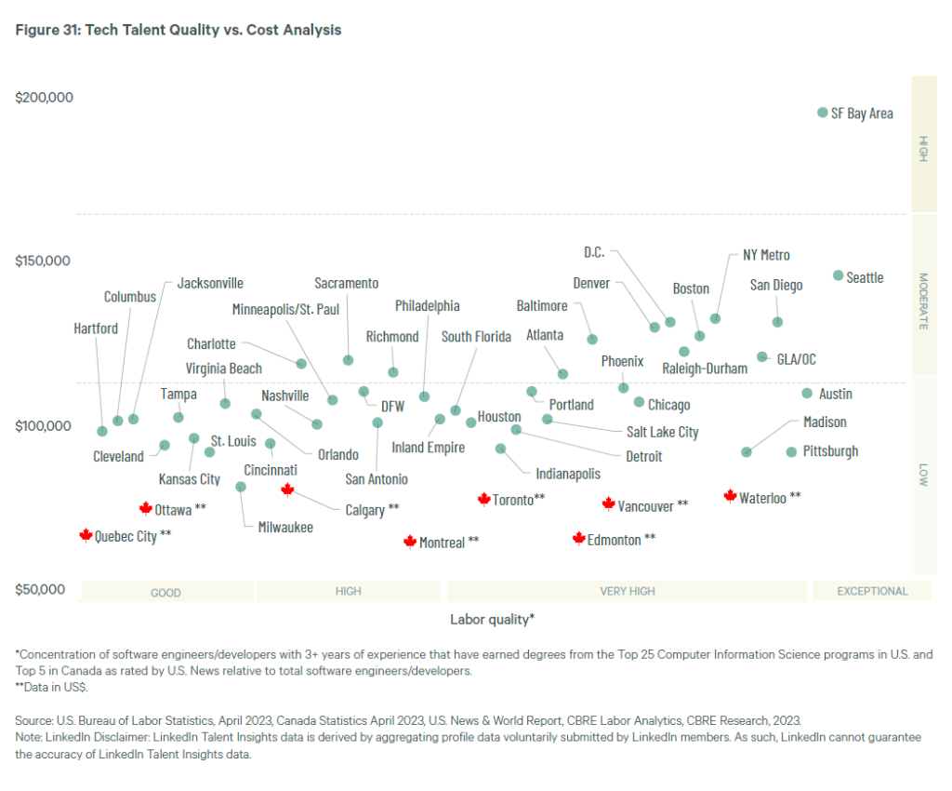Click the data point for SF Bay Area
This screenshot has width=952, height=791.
point(822,113)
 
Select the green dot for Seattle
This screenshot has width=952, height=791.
point(839,275)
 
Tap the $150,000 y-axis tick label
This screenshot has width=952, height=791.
point(43,261)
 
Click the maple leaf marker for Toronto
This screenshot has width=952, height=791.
point(483,500)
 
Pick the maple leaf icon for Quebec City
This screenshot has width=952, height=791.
point(86,535)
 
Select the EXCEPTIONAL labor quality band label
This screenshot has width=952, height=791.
point(872,591)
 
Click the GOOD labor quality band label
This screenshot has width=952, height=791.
point(165,592)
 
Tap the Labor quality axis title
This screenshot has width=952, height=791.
point(492,619)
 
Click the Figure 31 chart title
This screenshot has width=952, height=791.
point(178,30)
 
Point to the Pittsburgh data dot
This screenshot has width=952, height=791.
point(791,452)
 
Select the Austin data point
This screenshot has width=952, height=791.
point(807,394)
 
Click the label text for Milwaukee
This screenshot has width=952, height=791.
point(285,527)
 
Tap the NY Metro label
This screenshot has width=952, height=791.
point(766,255)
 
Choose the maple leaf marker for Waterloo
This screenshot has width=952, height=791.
point(730,497)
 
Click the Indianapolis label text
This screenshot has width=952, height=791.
point(568,474)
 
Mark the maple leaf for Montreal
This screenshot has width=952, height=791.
point(409,542)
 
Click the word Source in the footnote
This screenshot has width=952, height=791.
point(33,720)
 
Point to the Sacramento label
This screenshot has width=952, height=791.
point(346,283)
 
